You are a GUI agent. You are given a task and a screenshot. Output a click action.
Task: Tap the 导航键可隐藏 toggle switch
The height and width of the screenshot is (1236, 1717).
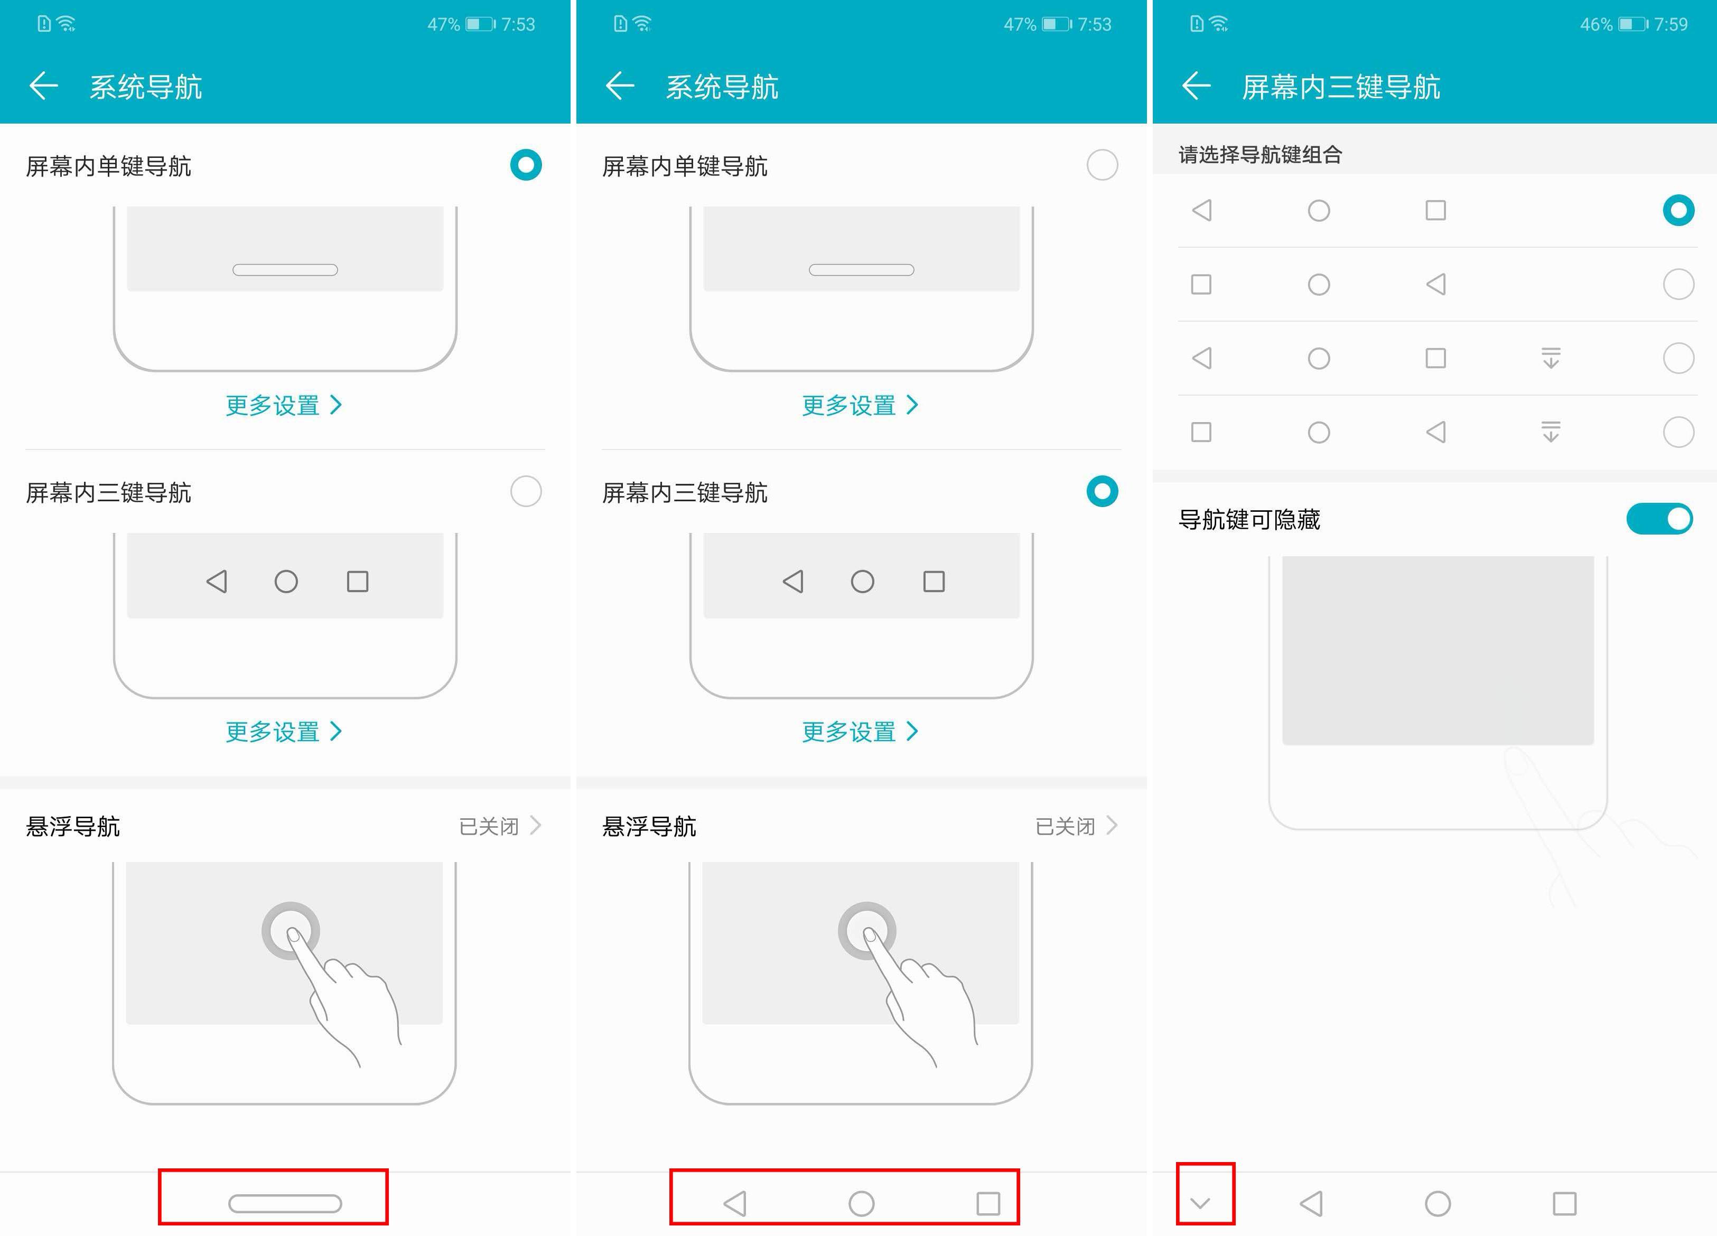point(1659,519)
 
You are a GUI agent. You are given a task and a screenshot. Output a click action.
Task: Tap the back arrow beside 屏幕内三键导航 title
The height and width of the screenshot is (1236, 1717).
point(1196,86)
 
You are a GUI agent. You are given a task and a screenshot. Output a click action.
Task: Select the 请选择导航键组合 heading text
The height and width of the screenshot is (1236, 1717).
point(1261,154)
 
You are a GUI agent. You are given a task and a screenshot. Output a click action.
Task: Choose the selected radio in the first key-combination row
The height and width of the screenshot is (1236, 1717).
point(1678,210)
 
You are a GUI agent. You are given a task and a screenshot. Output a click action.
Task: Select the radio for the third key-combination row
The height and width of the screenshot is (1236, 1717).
point(1678,358)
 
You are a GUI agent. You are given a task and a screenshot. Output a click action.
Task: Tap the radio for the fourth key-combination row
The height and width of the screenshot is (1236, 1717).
point(1678,432)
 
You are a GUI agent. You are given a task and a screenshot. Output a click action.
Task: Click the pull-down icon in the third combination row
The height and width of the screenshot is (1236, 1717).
point(1551,358)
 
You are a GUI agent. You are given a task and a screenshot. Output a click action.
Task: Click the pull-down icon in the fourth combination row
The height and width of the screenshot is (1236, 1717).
point(1551,432)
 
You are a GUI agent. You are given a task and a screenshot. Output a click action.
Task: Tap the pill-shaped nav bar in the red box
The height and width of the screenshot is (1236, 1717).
point(285,1203)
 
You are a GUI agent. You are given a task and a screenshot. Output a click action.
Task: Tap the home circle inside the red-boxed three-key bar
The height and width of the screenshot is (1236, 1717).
point(862,1203)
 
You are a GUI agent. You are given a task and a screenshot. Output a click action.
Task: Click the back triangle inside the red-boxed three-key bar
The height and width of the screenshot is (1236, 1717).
point(735,1203)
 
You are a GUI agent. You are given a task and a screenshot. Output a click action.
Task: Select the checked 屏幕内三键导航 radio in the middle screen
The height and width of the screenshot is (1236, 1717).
point(1102,491)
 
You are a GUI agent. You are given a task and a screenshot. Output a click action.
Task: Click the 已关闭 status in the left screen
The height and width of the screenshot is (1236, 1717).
point(489,826)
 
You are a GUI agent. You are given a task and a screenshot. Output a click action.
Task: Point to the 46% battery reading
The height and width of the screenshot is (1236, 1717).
point(1596,24)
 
